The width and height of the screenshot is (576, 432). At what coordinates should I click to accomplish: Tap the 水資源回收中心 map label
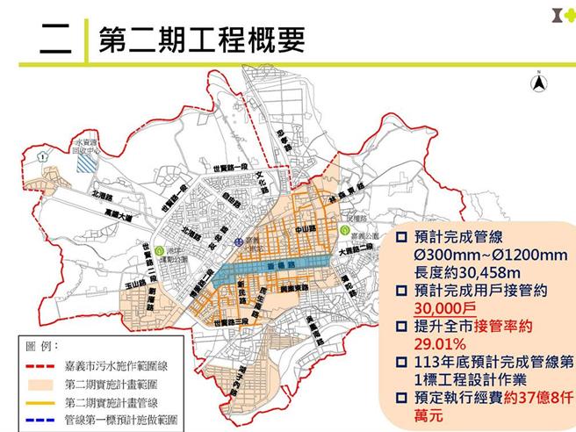pos(87,144)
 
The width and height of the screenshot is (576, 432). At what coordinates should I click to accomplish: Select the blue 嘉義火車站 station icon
pos(237,239)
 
